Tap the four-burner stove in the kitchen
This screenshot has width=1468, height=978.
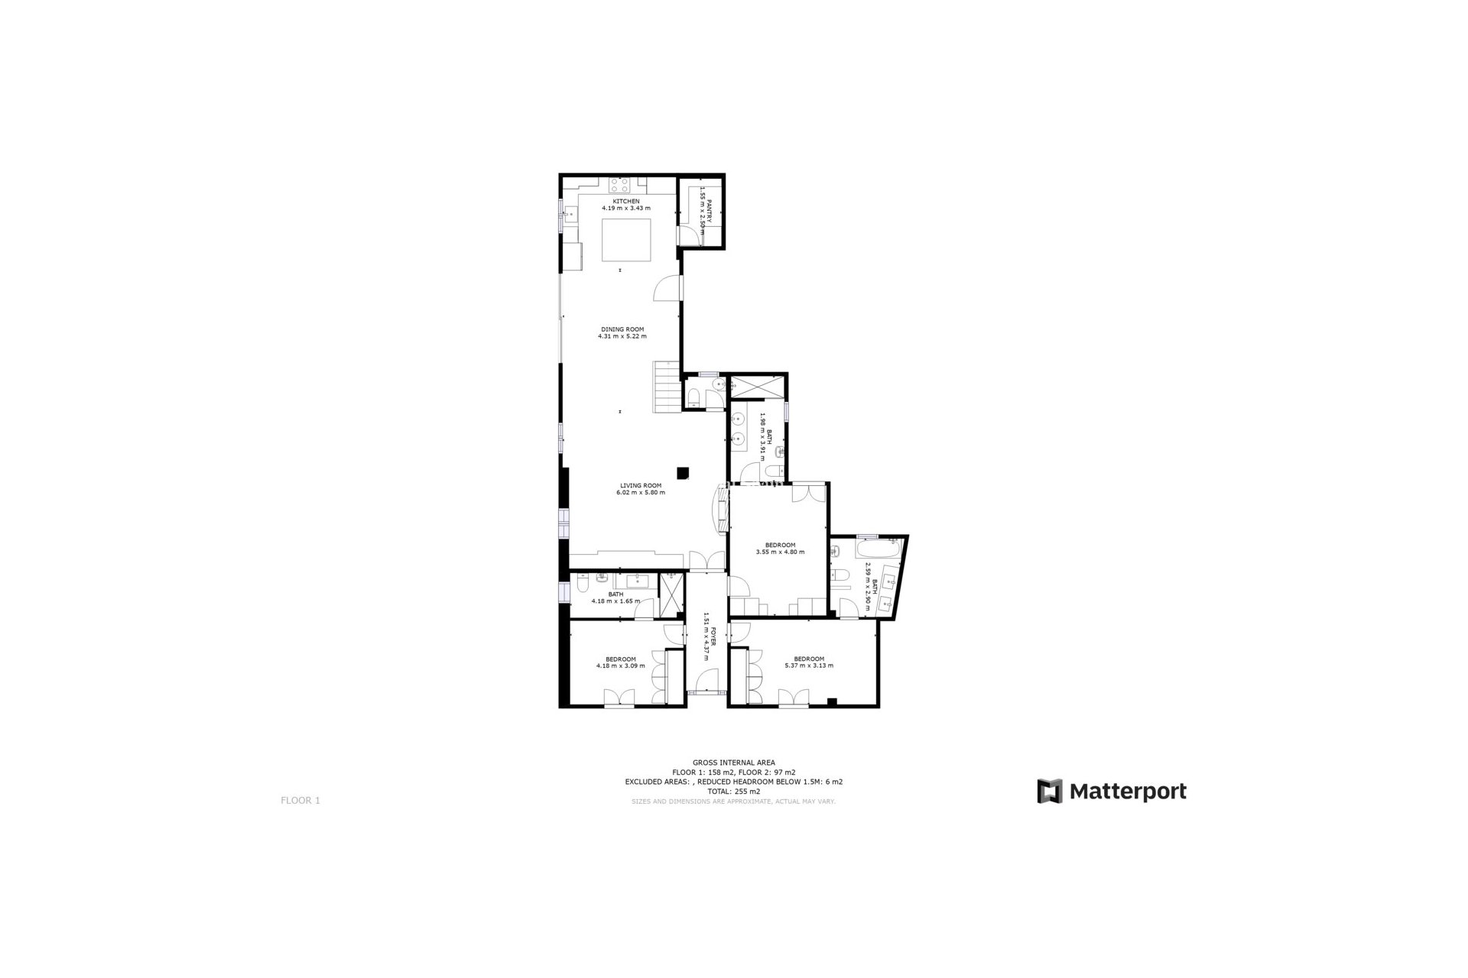[619, 185]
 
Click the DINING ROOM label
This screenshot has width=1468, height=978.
[622, 329]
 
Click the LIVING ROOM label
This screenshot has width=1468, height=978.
[640, 485]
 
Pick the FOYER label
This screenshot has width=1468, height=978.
[713, 637]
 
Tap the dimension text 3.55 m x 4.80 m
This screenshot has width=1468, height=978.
[780, 552]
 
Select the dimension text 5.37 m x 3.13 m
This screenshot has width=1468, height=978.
[809, 665]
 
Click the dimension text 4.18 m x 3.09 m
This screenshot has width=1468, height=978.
[620, 665]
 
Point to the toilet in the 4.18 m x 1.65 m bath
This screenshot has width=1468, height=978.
[583, 585]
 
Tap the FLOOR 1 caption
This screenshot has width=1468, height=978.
[300, 801]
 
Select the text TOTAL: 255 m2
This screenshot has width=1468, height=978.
[733, 792]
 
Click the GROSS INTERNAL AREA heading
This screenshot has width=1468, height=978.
[733, 763]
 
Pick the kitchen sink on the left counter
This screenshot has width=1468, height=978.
[570, 215]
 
